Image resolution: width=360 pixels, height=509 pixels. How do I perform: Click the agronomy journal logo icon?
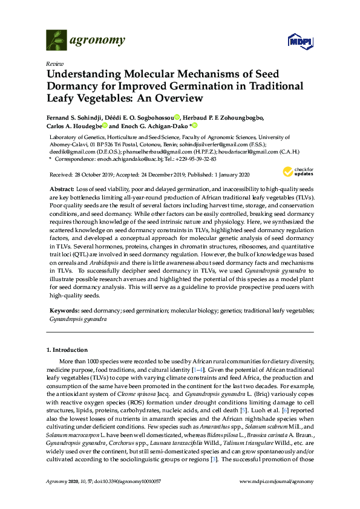coord(56,40)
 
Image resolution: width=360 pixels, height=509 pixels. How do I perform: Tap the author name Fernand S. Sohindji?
coord(72,117)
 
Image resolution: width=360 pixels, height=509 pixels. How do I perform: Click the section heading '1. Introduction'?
coord(67,350)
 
